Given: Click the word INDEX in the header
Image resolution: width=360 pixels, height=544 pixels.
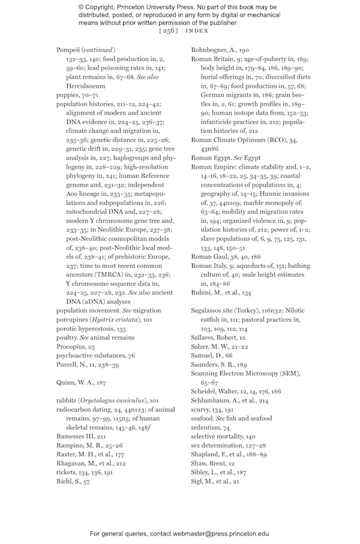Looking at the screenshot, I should (x=197, y=31).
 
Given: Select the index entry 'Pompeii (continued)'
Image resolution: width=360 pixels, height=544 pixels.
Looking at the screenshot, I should (x=86, y=49).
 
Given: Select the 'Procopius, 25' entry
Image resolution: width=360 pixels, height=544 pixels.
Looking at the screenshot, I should (x=76, y=347).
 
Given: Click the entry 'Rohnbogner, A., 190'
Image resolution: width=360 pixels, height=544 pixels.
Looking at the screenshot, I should (x=220, y=50).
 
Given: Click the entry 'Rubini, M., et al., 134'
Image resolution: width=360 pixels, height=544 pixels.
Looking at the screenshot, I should (x=221, y=293).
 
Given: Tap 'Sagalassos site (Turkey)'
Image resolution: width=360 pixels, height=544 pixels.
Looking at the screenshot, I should (x=226, y=311).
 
